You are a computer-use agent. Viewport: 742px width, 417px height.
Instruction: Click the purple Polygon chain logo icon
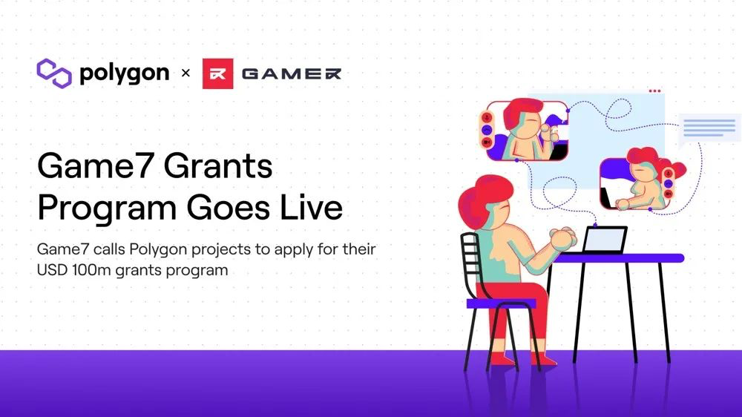(54, 73)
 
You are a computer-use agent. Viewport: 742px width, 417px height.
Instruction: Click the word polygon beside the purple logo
(125, 74)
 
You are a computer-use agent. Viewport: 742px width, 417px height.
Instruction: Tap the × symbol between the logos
(185, 73)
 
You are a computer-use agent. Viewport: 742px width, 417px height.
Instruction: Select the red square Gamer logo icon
(217, 73)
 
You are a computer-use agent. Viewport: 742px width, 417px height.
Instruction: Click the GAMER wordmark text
(292, 74)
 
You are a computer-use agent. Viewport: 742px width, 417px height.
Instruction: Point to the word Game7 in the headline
(96, 165)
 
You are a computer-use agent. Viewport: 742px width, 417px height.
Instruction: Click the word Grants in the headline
(218, 165)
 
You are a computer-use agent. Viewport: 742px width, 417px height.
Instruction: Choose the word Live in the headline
(312, 207)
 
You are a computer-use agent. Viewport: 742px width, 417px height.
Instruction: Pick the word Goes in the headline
(228, 207)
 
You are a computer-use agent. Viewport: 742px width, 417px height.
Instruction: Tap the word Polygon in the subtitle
(158, 250)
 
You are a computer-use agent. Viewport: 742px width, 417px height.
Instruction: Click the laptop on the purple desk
(605, 240)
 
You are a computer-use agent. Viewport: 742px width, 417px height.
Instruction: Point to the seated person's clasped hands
(563, 237)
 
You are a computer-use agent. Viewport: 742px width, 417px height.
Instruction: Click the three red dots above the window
(655, 91)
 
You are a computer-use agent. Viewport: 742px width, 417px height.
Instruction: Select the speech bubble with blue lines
(709, 128)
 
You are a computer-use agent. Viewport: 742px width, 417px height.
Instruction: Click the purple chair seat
(502, 303)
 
